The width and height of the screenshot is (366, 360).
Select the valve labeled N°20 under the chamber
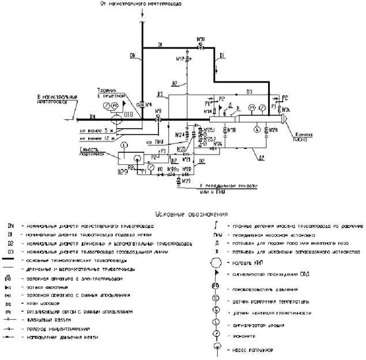click(x=266, y=131)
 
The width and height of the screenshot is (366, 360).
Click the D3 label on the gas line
click(x=249, y=92)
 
